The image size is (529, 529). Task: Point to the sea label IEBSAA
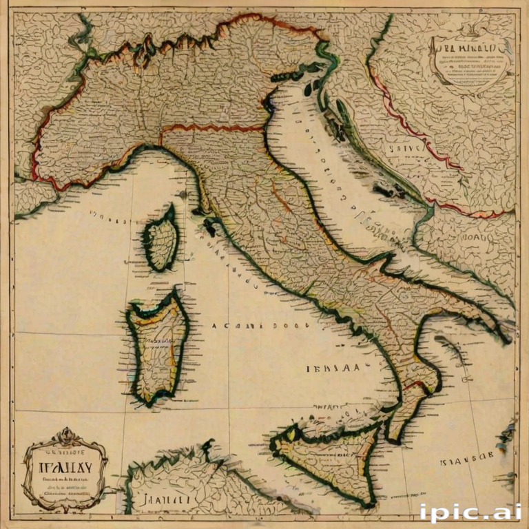[x=332, y=369]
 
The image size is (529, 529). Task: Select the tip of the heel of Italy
[x=506, y=338]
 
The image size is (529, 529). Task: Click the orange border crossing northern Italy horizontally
[x=214, y=129]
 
